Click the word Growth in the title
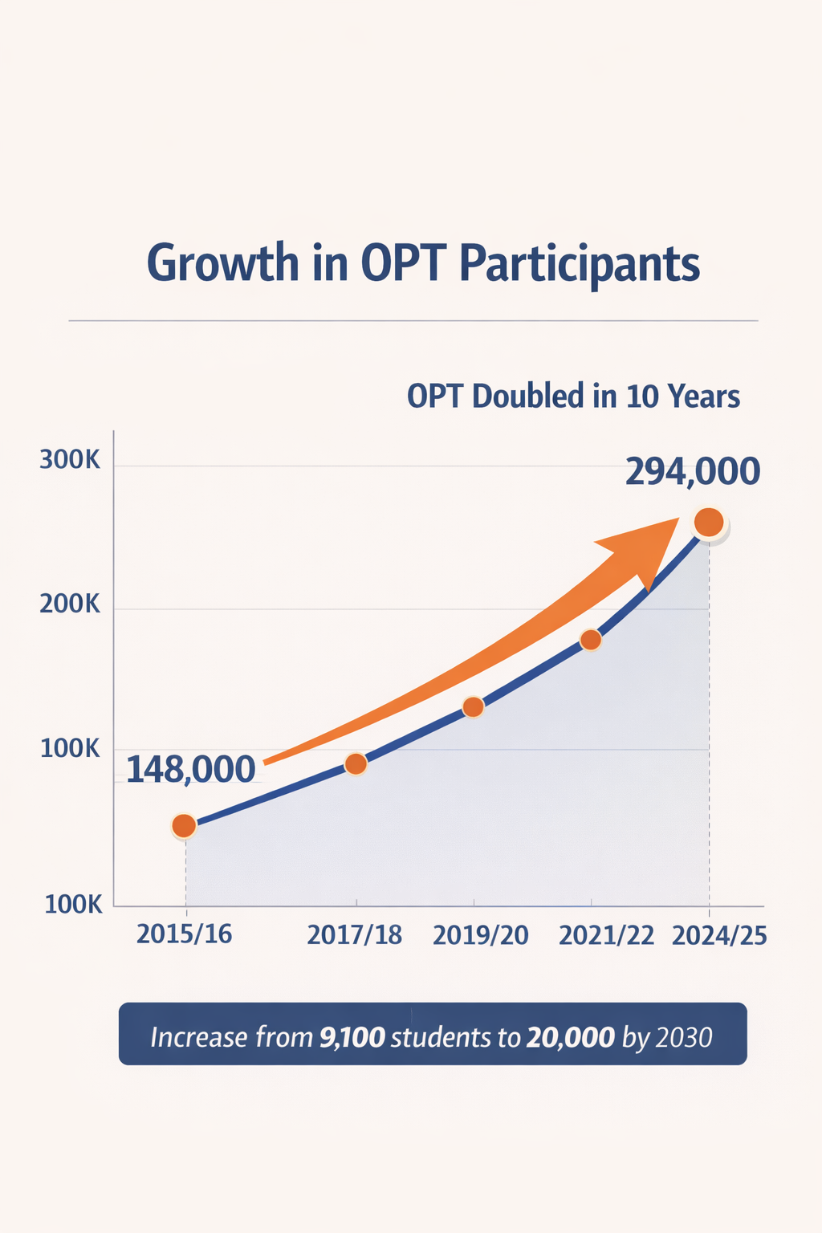pyautogui.click(x=222, y=263)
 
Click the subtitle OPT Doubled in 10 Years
pyautogui.click(x=573, y=397)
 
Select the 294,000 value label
pyautogui.click(x=692, y=472)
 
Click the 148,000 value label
pyautogui.click(x=191, y=770)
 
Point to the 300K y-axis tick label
pyautogui.click(x=70, y=461)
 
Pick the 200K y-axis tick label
pyautogui.click(x=70, y=604)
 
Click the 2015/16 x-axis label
pyautogui.click(x=184, y=934)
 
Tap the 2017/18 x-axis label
pyautogui.click(x=354, y=935)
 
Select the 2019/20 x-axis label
pyautogui.click(x=480, y=935)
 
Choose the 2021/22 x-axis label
pyautogui.click(x=606, y=935)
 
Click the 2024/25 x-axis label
pyautogui.click(x=719, y=935)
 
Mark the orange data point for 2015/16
pyautogui.click(x=184, y=825)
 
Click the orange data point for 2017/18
pyautogui.click(x=356, y=764)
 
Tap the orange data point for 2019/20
pyautogui.click(x=474, y=707)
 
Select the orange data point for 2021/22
pyautogui.click(x=591, y=640)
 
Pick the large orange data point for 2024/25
pyautogui.click(x=709, y=523)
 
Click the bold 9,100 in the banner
pyautogui.click(x=352, y=1037)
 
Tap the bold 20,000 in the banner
pyautogui.click(x=570, y=1037)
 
